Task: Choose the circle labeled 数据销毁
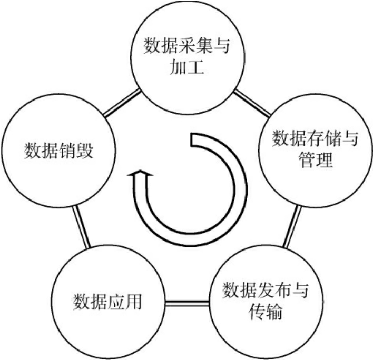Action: (x=58, y=149)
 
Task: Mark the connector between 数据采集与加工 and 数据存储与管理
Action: (x=252, y=102)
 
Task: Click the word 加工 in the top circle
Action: (x=186, y=68)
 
